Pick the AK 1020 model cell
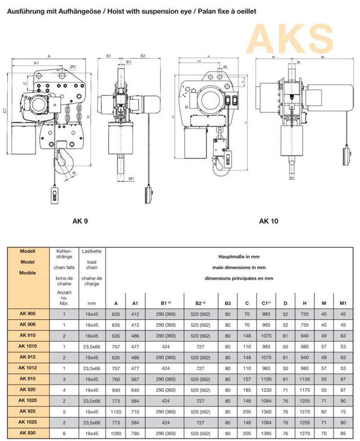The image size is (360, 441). (28, 400)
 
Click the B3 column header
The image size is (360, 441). (227, 304)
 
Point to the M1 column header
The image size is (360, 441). (343, 304)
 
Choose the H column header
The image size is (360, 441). (305, 304)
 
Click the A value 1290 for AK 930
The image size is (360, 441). (116, 433)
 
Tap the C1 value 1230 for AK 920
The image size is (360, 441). (266, 389)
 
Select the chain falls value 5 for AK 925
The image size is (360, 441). (64, 411)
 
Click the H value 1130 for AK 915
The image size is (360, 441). (305, 378)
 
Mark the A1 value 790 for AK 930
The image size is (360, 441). (135, 433)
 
